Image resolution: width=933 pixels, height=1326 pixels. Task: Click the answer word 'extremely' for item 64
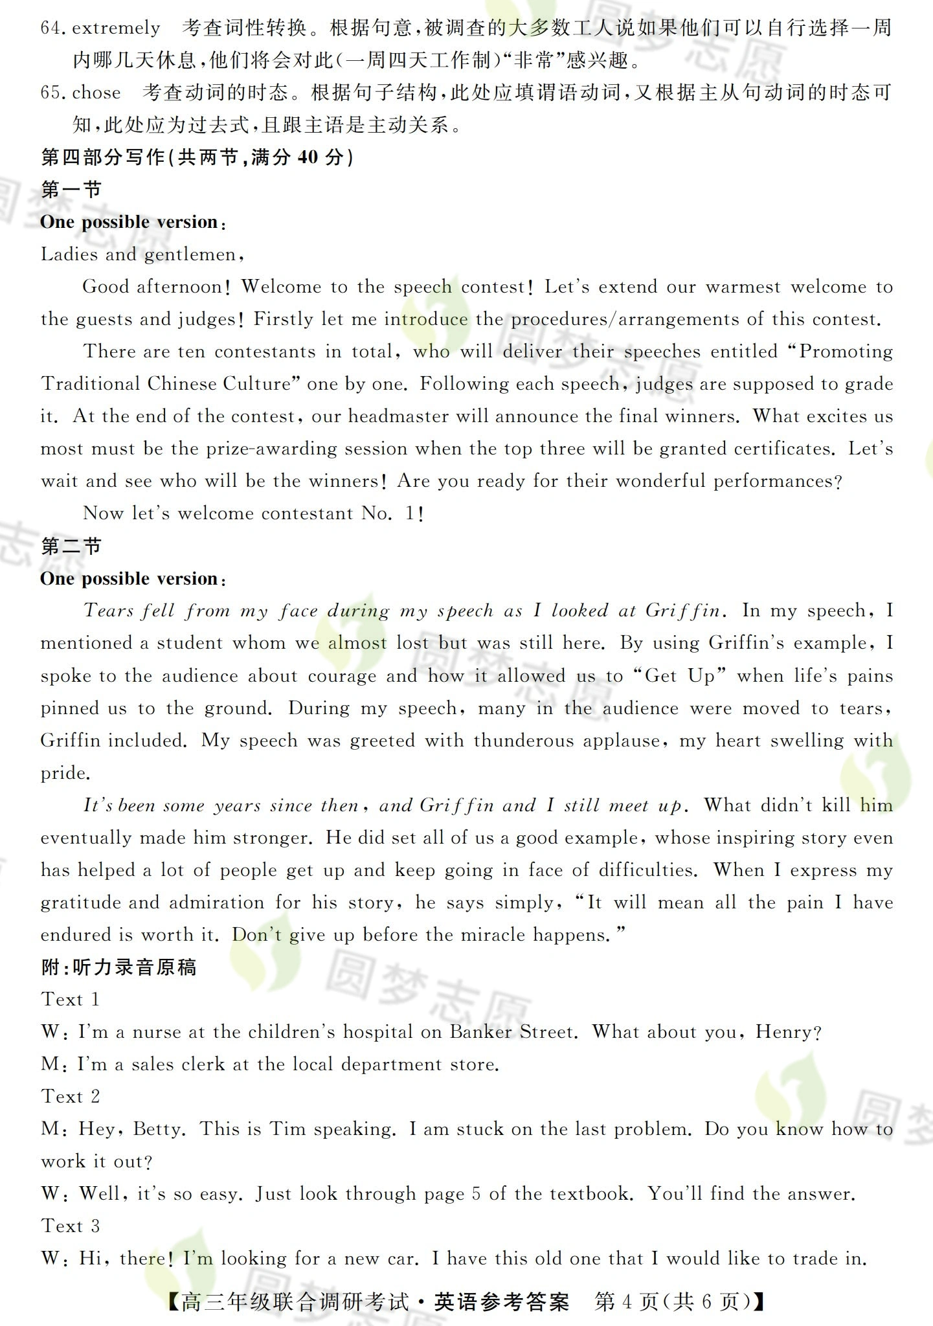(116, 28)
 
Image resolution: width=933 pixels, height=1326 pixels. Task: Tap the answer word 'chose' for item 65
(96, 93)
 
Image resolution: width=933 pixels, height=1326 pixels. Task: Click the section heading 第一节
(71, 190)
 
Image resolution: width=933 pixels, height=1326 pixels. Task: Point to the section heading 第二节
(71, 546)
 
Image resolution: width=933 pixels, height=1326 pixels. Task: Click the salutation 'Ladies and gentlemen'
(139, 254)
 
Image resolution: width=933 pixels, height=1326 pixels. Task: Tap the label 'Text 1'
(71, 1000)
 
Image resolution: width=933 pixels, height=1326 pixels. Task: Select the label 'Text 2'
(71, 1097)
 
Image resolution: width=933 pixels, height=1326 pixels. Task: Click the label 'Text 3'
(71, 1226)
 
